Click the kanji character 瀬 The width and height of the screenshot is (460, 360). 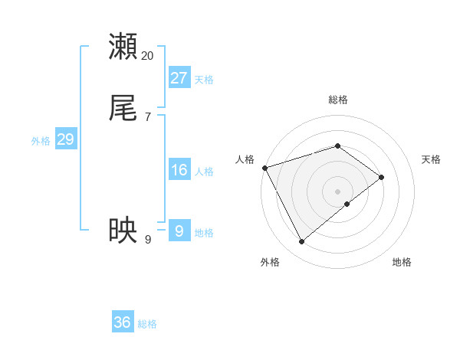123,46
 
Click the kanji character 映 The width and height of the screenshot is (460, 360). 123,230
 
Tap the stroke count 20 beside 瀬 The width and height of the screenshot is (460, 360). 148,55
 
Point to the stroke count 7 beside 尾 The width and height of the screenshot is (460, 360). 147,117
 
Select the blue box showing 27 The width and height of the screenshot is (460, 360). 179,77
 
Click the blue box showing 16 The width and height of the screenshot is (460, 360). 179,170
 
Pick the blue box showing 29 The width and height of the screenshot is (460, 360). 65,139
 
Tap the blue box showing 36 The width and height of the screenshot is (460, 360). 123,322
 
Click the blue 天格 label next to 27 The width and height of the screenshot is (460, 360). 204,80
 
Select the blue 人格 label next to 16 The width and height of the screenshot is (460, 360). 204,172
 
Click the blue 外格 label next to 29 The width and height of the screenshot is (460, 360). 41,141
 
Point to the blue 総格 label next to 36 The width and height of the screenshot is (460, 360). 147,324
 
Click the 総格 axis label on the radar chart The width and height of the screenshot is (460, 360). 337,100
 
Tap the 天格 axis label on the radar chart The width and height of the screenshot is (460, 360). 432,159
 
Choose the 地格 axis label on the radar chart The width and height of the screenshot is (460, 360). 402,262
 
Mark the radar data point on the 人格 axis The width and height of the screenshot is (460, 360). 264,167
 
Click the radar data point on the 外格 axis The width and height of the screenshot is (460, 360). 301,242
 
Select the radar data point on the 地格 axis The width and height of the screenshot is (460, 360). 347,204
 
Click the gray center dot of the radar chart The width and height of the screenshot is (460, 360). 337,191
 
